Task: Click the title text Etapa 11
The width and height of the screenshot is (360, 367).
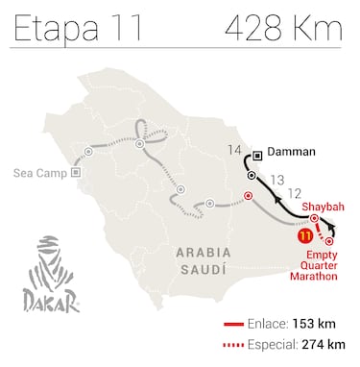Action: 69,28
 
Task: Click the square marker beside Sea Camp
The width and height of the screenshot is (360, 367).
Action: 77,173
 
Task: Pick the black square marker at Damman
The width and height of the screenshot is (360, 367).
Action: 258,154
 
